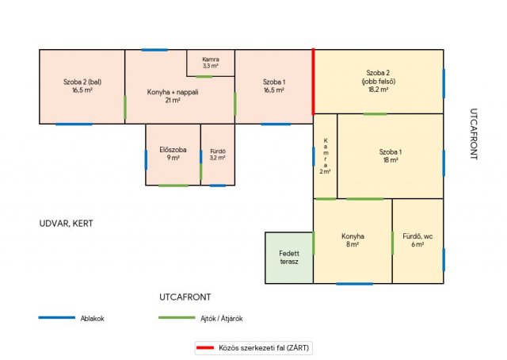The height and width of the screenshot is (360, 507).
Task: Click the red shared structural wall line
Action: click(313, 82)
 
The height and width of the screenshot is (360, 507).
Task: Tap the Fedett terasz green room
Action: click(289, 258)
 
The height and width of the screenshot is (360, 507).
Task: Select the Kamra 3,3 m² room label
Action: click(211, 63)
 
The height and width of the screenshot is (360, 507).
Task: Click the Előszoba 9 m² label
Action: click(173, 154)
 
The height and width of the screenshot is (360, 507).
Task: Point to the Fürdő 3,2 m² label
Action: click(218, 155)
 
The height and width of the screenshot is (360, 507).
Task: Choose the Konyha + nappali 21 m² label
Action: click(173, 96)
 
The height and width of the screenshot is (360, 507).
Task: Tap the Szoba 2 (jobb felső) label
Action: click(379, 81)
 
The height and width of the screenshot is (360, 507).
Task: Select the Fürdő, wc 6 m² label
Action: click(417, 240)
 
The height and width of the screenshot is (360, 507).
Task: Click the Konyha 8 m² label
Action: click(353, 240)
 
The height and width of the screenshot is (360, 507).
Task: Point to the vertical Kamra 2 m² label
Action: click(326, 156)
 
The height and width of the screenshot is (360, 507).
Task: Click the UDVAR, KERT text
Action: click(66, 224)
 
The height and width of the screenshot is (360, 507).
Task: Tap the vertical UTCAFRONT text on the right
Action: click(474, 134)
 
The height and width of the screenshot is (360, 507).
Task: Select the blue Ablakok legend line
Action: click(57, 318)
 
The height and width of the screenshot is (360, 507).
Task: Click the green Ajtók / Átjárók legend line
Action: click(177, 318)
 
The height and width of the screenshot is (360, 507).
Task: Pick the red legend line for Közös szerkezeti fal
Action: click(205, 347)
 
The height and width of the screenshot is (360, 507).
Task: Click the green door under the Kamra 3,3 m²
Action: click(204, 77)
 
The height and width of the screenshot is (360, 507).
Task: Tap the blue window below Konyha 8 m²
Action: click(354, 284)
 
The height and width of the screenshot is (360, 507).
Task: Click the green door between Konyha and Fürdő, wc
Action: click(393, 243)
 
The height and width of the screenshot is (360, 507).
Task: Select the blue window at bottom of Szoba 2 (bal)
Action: click(74, 124)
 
